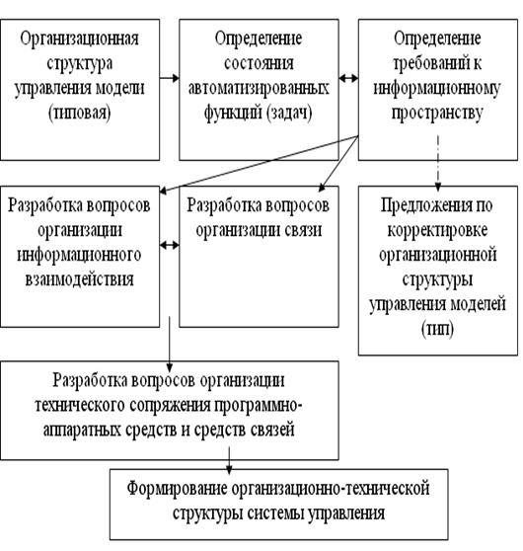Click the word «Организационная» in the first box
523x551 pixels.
[79, 39]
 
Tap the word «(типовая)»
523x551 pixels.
[79, 114]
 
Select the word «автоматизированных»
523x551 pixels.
[259, 88]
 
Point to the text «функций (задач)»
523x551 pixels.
[259, 114]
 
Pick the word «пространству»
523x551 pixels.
[437, 114]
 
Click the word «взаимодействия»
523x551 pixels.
[79, 279]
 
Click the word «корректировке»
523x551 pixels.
[437, 230]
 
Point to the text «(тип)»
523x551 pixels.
[437, 329]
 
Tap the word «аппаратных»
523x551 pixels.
[82, 431]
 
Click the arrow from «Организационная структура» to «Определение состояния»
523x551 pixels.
[170, 78]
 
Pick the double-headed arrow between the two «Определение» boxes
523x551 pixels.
[348, 78]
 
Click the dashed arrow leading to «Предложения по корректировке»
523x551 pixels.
[438, 163]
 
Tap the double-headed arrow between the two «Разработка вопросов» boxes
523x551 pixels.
[170, 245]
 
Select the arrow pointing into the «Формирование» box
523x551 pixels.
[229, 460]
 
